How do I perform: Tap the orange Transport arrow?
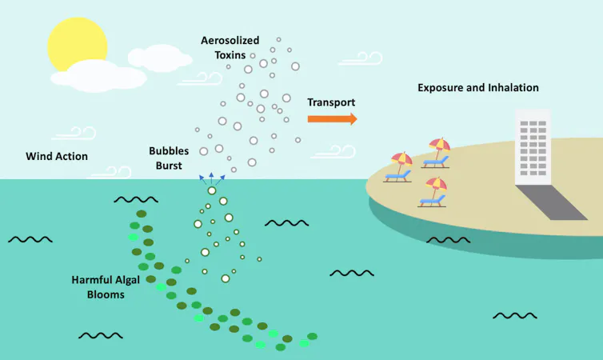[332, 119]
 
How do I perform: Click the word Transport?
[331, 102]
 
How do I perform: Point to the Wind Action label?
[57, 156]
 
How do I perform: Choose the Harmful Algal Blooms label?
[98, 287]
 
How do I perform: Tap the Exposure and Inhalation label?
[478, 87]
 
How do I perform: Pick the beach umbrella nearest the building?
[439, 146]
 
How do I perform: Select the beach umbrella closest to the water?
[401, 158]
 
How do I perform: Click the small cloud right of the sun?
[160, 56]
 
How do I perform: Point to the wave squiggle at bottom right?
[514, 316]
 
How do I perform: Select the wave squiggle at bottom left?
[100, 335]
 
